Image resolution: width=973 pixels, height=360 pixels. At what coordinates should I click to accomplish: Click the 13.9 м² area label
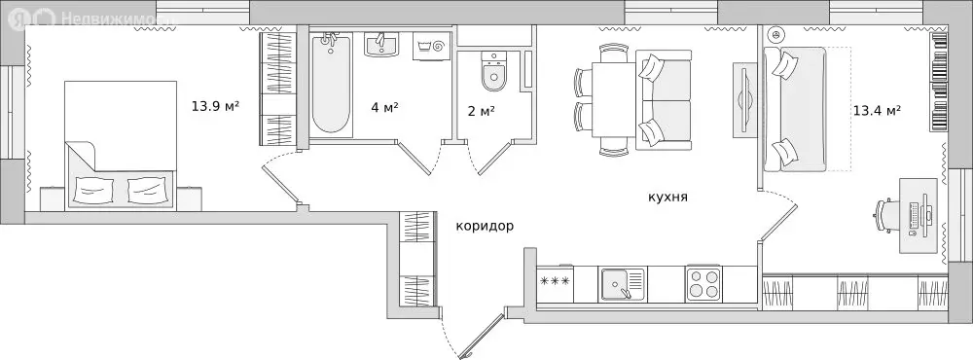(215, 106)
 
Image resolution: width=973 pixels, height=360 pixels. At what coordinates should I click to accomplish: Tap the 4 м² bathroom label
(384, 107)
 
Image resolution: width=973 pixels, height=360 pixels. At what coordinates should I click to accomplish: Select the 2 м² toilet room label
(481, 110)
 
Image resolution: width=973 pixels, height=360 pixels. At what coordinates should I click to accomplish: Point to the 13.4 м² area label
(876, 110)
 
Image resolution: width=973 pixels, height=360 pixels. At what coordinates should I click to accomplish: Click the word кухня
(667, 197)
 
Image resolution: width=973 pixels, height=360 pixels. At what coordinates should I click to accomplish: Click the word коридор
(484, 226)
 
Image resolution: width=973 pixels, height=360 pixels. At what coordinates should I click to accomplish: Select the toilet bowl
(491, 73)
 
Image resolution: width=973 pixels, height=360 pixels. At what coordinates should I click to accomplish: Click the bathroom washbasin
(382, 45)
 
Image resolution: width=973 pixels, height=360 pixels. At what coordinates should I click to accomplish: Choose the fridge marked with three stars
(555, 283)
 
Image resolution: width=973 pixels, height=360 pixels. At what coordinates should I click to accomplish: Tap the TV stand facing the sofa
(744, 99)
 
